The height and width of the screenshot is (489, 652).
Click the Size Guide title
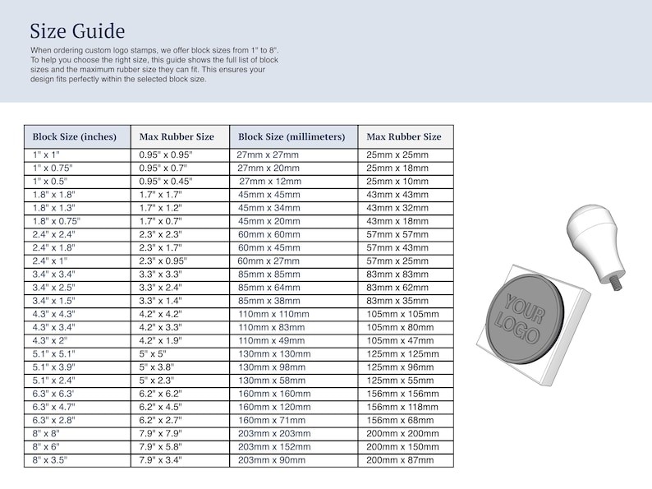(x=77, y=32)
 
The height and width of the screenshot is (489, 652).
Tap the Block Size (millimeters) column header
(x=292, y=136)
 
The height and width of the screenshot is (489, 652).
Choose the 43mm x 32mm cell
(x=397, y=208)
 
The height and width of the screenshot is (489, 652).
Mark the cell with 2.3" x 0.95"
(x=168, y=261)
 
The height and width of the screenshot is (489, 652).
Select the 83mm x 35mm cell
(x=397, y=301)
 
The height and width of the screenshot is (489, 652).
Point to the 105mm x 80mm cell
(x=401, y=327)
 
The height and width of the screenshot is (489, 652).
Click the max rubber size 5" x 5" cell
(x=154, y=354)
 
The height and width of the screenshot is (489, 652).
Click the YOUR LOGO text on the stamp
(x=520, y=317)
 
